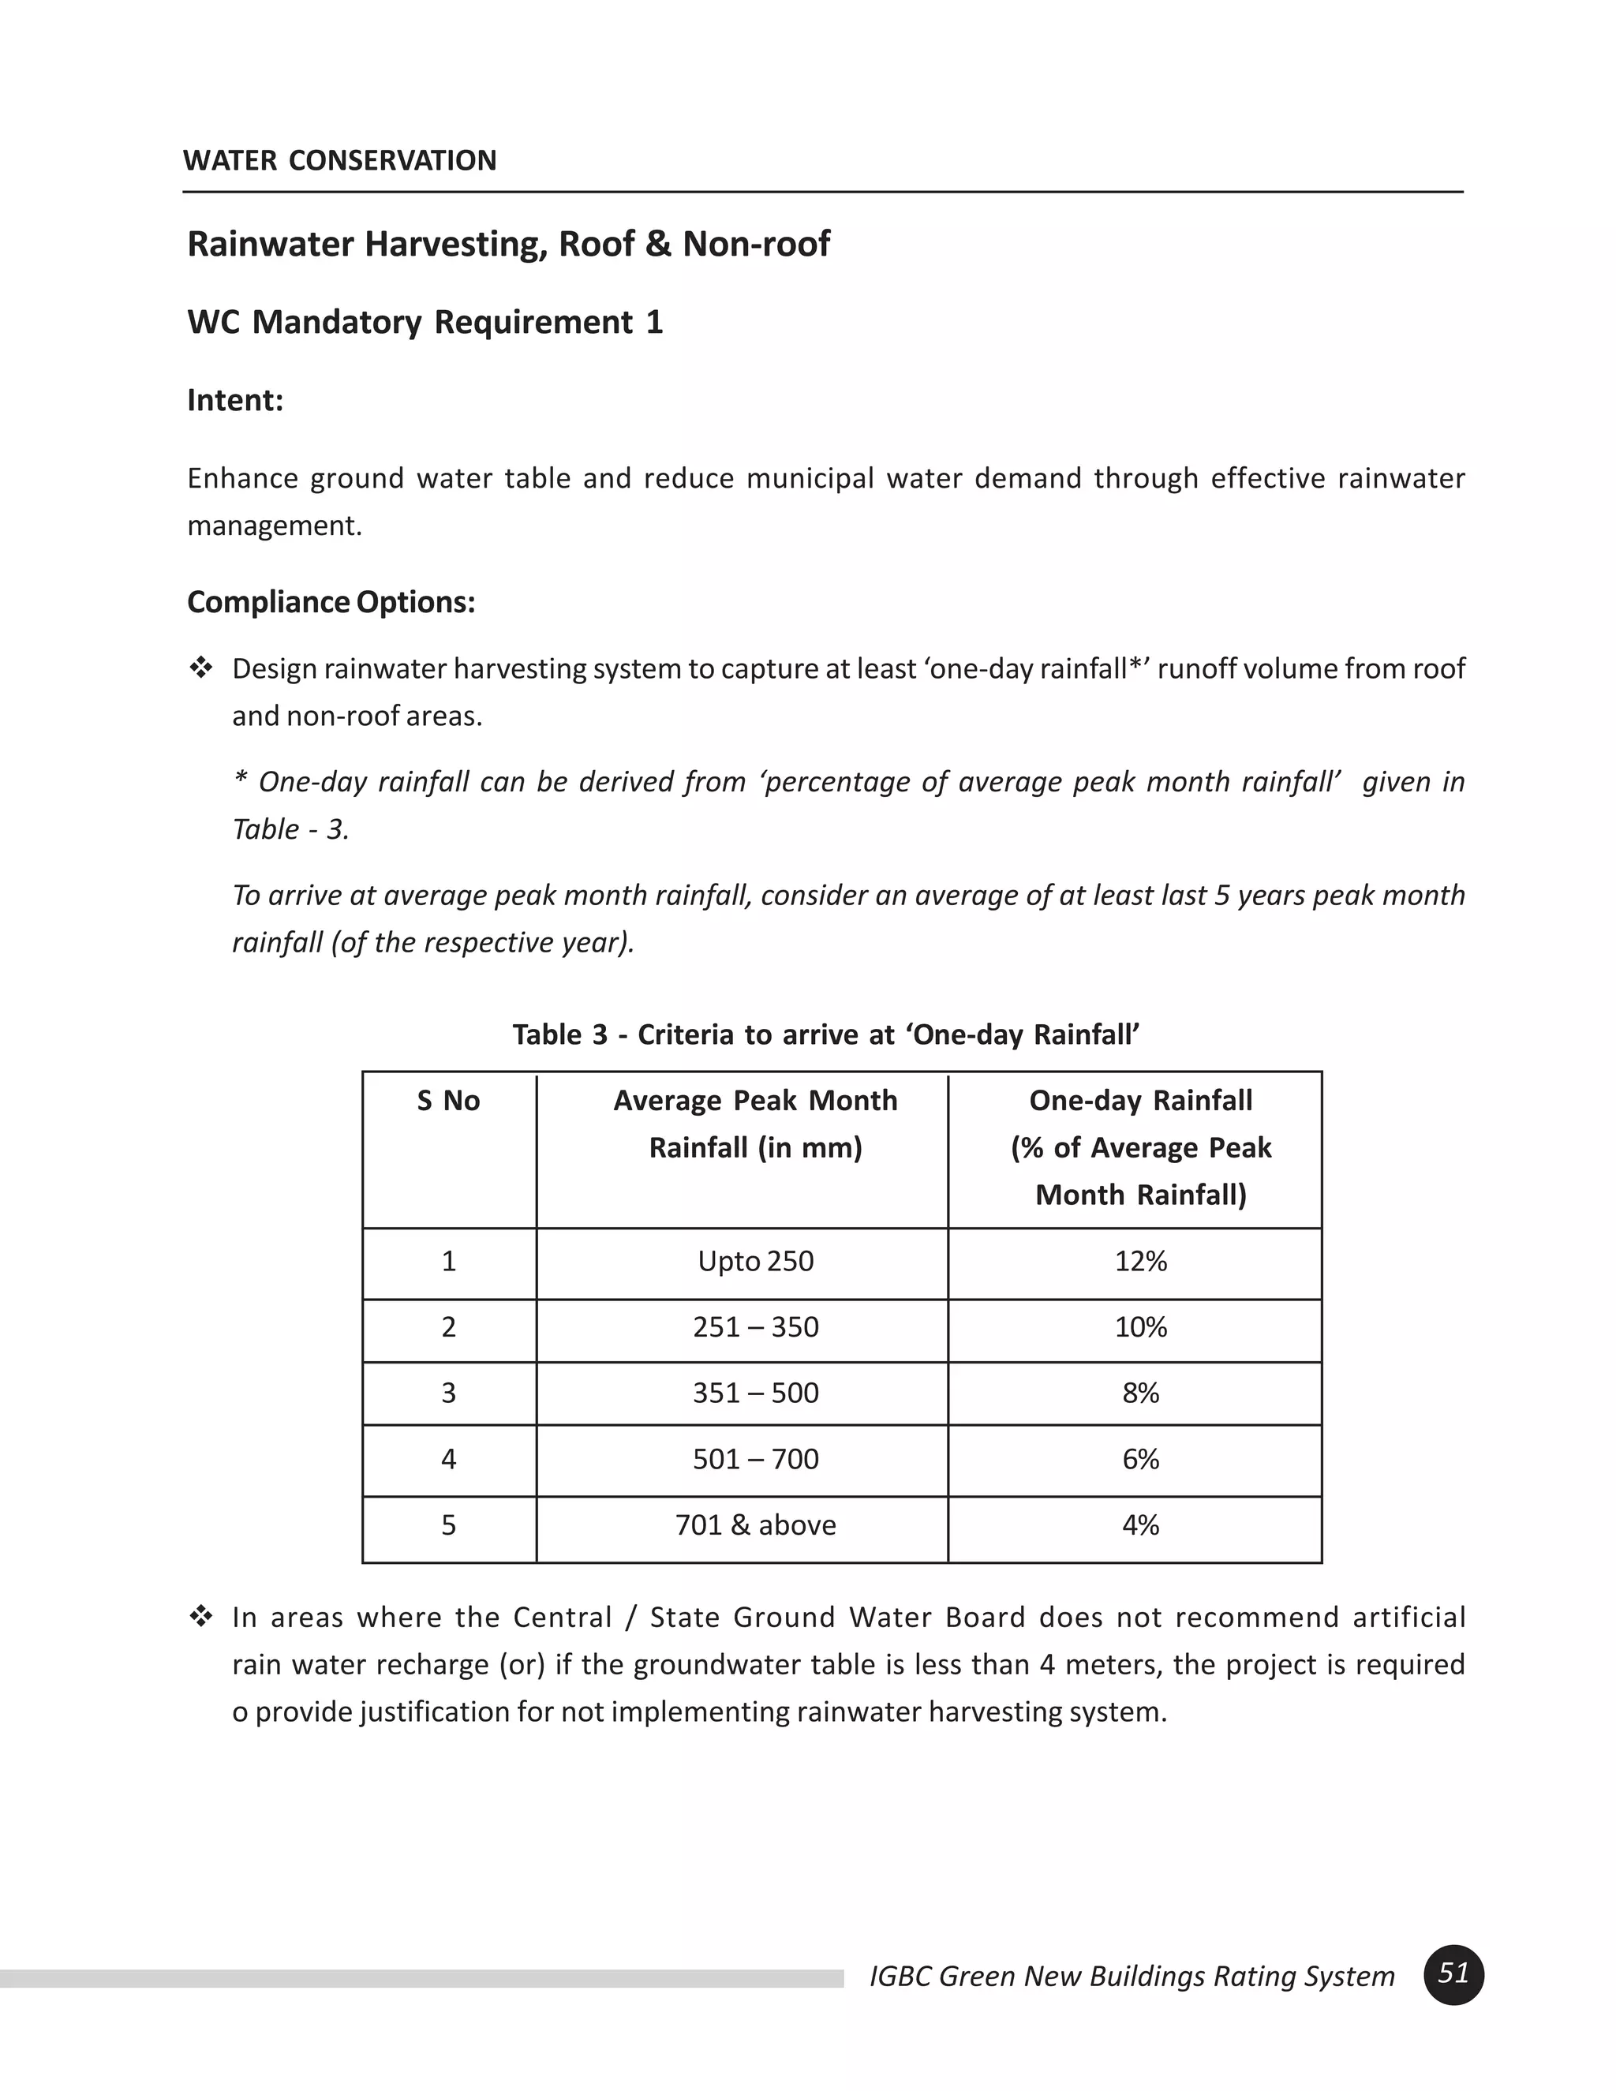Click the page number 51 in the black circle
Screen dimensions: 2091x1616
[1453, 1973]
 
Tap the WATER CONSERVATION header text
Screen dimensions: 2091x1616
[340, 160]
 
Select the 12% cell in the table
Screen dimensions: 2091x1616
[1140, 1261]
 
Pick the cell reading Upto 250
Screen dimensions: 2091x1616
[755, 1261]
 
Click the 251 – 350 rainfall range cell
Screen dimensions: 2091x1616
[755, 1327]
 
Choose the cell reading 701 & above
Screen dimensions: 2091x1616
[755, 1524]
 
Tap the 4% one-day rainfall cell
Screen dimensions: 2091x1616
[1140, 1524]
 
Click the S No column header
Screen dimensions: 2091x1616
[448, 1101]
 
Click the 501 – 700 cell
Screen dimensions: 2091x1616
[755, 1459]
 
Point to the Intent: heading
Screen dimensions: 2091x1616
[235, 400]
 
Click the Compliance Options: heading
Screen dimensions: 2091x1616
[331, 602]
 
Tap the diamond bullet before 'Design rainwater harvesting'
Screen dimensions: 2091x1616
[201, 668]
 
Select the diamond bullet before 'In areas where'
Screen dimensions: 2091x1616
[201, 1617]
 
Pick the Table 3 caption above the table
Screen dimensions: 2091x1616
[825, 1035]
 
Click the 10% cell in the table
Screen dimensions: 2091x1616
[1140, 1327]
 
